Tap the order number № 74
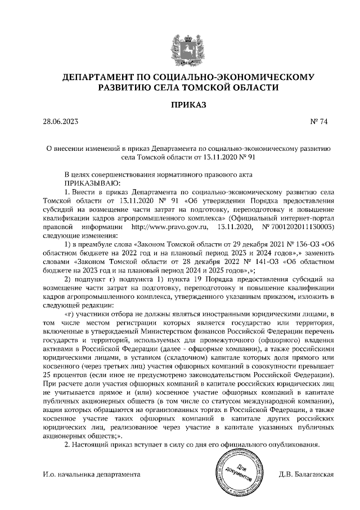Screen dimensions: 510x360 [318, 121]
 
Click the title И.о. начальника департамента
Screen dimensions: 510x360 [91, 475]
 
